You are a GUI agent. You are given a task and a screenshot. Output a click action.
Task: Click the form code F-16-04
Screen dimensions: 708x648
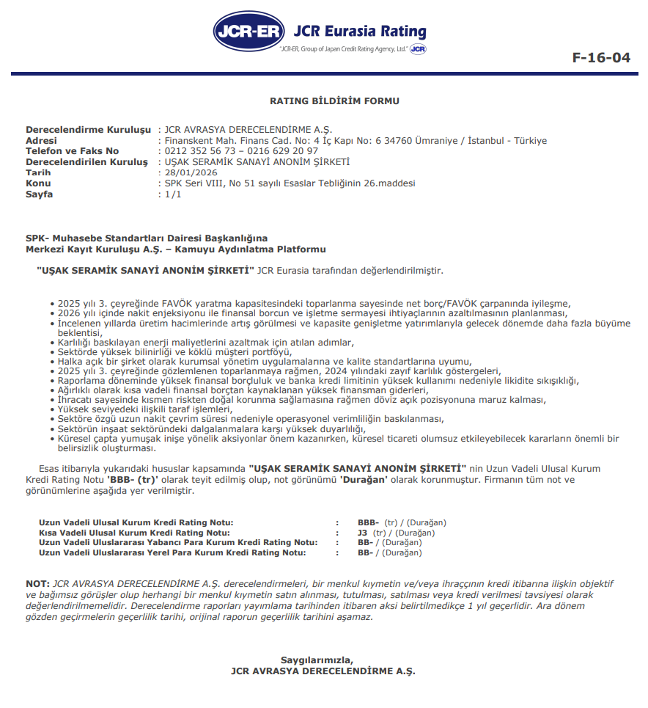[x=600, y=57]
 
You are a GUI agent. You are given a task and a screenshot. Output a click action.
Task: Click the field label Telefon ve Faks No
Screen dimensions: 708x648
[x=72, y=151]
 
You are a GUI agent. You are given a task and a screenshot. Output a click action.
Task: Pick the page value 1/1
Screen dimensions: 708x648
[x=173, y=194]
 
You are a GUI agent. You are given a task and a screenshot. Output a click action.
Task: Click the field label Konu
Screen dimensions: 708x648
[x=38, y=183]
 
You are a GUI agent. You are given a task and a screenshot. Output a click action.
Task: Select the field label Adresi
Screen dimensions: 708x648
[x=41, y=140]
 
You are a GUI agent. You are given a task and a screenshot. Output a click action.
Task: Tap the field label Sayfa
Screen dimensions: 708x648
[x=40, y=194]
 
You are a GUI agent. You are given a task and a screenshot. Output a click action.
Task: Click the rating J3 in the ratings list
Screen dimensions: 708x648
[x=362, y=533]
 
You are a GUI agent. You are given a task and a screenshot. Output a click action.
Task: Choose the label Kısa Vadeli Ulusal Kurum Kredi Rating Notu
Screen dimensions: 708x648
[x=135, y=533]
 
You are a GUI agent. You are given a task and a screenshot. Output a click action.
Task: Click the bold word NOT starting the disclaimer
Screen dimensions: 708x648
[x=37, y=583]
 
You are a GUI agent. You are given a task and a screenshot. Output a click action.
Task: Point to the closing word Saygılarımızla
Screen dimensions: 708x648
[x=317, y=660]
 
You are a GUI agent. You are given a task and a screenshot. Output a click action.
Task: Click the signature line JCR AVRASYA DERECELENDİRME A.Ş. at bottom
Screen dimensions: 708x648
[x=323, y=670]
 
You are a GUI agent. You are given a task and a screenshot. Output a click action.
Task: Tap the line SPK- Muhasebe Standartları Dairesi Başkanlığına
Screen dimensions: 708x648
[x=147, y=238]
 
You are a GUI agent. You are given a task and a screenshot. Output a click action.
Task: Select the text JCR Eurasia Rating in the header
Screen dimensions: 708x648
[x=359, y=32]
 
